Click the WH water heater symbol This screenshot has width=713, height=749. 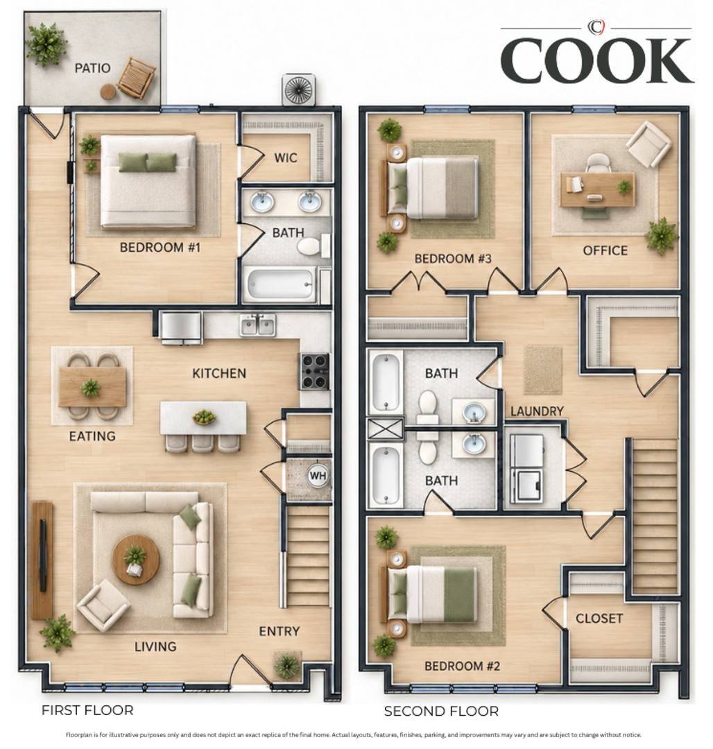pos(318,476)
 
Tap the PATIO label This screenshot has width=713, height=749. pos(93,68)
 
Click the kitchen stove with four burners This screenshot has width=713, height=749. pos(314,370)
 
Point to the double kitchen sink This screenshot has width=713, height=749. pos(258,325)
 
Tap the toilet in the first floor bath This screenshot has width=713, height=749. pos(313,246)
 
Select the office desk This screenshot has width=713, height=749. pos(597,189)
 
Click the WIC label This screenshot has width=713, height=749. pos(286,157)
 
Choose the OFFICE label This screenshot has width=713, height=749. pos(605,250)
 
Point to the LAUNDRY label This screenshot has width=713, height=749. pos(537,411)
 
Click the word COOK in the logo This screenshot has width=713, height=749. pos(597,60)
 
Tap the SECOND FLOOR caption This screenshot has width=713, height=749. pos(441,712)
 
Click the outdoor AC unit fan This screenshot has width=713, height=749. pos(300,89)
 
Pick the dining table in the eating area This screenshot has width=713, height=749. pos(92,387)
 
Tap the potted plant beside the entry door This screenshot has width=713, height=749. pos(287,665)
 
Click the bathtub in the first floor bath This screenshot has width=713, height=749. pos(280,284)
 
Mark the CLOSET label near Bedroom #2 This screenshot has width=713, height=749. pos(599,619)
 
